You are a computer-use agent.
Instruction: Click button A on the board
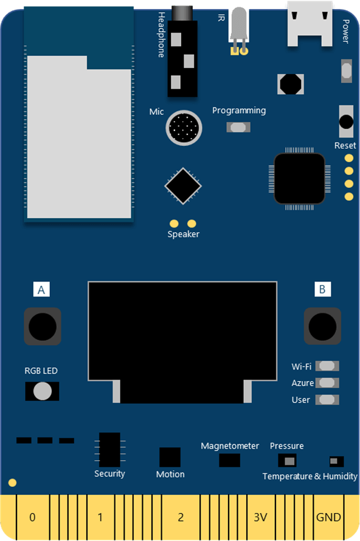43,326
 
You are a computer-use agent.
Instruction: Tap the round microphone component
184,128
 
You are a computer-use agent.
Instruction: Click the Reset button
346,122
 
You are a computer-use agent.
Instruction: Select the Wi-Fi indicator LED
327,366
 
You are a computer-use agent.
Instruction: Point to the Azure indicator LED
327,382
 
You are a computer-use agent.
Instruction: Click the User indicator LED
327,399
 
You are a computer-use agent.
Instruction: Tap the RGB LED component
42,391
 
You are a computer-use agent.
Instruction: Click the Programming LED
238,127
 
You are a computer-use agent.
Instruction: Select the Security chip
109,450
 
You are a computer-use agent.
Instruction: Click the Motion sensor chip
170,458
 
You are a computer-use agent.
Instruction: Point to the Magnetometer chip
229,460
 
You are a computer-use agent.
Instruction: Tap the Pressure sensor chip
287,460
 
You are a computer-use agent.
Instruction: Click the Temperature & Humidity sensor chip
336,461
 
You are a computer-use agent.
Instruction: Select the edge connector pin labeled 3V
260,517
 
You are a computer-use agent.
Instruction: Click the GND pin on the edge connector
328,517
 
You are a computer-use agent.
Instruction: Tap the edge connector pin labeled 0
32,517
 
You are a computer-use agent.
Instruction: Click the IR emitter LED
239,31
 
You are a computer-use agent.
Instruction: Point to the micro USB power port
310,24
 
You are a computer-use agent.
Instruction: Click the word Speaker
183,234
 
